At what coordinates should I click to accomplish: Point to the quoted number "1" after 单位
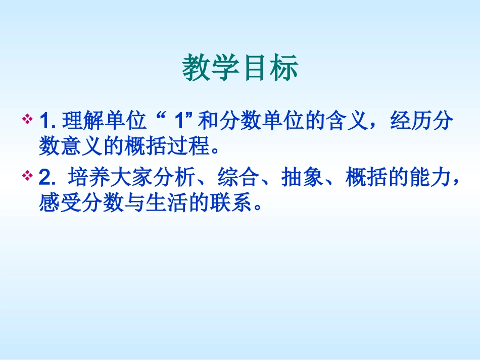(178, 122)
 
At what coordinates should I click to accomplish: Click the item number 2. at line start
(46, 178)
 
